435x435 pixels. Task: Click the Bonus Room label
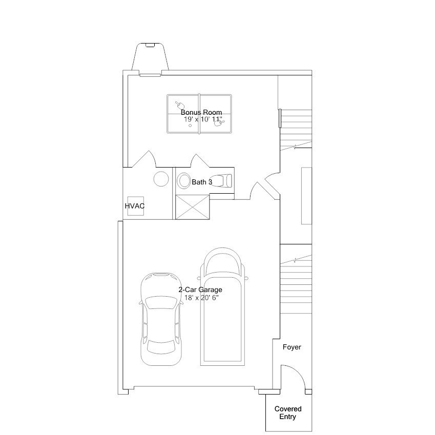[x=201, y=112]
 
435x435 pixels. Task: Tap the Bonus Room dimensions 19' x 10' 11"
[x=203, y=119]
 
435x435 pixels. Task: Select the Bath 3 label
[x=202, y=182]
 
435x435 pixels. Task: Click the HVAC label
[x=135, y=206]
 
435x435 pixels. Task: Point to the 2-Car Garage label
[x=200, y=289]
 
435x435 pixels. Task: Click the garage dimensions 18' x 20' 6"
[x=202, y=298]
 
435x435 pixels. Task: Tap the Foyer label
[x=292, y=347]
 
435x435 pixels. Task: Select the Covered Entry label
[x=288, y=413]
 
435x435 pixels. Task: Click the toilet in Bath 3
[x=221, y=181]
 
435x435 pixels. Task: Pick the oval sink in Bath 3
[x=183, y=180]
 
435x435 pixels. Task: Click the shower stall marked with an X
[x=193, y=207]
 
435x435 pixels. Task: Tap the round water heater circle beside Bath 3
[x=161, y=179]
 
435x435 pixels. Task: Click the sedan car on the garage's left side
[x=161, y=319]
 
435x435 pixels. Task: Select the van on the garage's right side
[x=222, y=306]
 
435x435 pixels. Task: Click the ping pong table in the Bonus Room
[x=199, y=114]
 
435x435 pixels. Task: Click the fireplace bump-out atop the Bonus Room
[x=150, y=57]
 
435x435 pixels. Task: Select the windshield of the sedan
[x=161, y=302]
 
